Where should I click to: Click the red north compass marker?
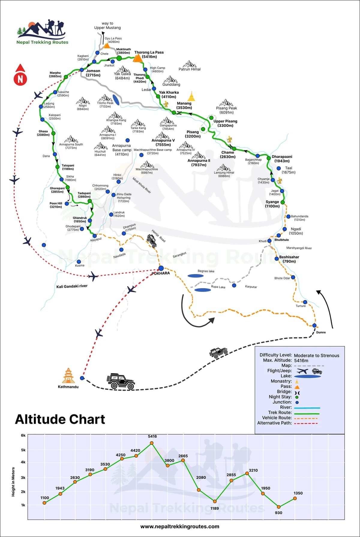click(x=20, y=75)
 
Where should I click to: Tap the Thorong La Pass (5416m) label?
click(x=149, y=54)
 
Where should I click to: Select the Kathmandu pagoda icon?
click(x=68, y=376)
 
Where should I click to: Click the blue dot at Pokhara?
click(x=161, y=268)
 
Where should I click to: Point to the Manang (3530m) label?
click(x=184, y=105)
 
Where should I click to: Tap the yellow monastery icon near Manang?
click(x=191, y=96)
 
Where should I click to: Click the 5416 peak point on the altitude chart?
click(x=151, y=443)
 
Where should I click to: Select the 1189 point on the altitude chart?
click(x=215, y=501)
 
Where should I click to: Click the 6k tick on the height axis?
click(x=23, y=436)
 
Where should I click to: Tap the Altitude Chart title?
click(x=60, y=419)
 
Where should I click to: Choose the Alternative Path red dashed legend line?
click(x=306, y=423)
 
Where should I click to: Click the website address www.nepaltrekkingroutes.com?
click(x=180, y=526)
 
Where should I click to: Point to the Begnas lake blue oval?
click(x=196, y=276)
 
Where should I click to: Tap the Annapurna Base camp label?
click(x=122, y=150)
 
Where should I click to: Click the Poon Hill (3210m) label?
click(x=56, y=205)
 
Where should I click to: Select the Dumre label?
click(x=321, y=332)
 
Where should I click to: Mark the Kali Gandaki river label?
click(x=72, y=286)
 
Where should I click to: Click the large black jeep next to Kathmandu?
click(x=121, y=382)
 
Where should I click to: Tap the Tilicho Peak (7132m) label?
click(x=105, y=104)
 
